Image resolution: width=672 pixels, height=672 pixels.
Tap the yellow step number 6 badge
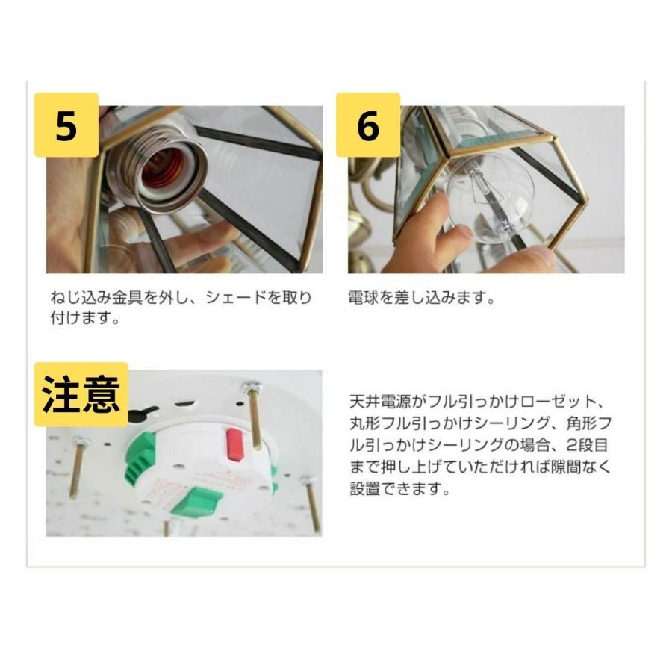367,125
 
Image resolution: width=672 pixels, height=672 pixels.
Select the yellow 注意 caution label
81,395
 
